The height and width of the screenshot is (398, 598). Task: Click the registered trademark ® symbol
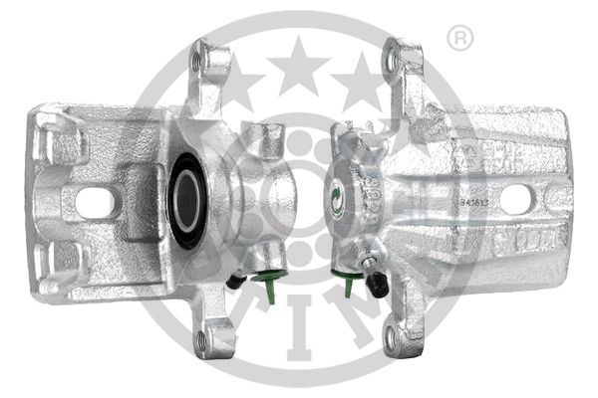(x=459, y=39)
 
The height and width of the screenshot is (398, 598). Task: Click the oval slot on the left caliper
(x=95, y=203)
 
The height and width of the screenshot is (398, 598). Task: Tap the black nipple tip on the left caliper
(x=233, y=282)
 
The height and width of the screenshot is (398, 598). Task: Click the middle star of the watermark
(x=298, y=69)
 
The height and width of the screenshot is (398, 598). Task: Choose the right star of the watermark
(x=359, y=78)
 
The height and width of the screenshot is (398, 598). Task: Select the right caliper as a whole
(x=448, y=199)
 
